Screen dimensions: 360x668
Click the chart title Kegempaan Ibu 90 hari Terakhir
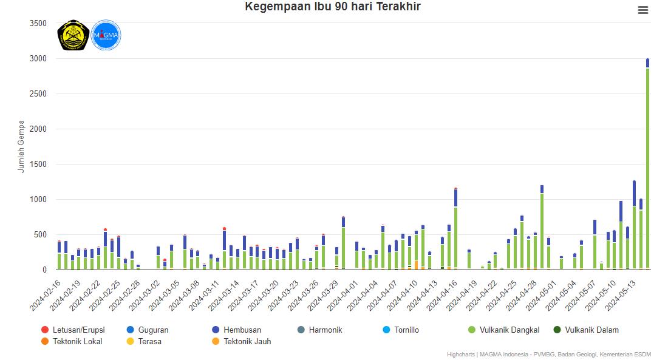point(333,7)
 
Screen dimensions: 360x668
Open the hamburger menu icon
point(643,10)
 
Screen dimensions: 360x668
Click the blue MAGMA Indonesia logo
point(106,35)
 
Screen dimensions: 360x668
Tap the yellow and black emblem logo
point(73,35)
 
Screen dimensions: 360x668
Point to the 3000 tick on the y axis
point(38,59)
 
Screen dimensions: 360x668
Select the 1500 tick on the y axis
point(38,165)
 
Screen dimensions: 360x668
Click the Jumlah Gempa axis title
point(22,146)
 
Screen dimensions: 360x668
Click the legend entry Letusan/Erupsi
point(78,330)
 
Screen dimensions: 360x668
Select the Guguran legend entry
point(152,330)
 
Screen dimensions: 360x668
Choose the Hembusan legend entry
point(242,330)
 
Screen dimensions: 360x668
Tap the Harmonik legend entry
point(325,330)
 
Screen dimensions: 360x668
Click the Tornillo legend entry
point(406,330)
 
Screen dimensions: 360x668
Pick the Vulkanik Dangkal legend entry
point(509,330)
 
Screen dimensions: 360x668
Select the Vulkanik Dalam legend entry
point(591,330)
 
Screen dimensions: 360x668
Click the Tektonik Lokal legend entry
point(77,342)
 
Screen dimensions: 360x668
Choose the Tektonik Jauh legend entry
point(247,342)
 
